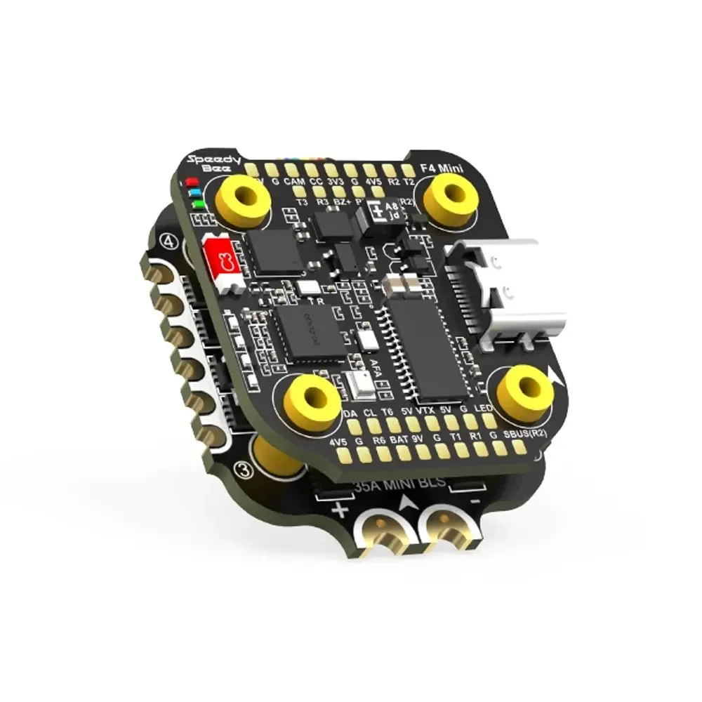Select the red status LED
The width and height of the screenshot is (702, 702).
click(x=190, y=182)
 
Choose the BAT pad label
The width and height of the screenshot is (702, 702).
click(x=401, y=441)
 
